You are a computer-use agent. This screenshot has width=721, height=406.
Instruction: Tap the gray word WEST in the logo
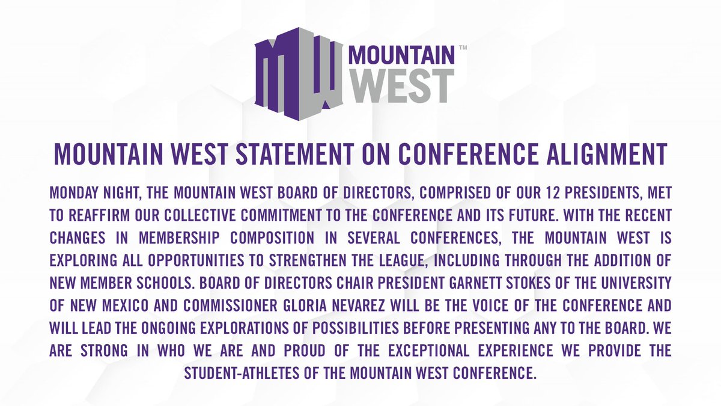pyautogui.click(x=400, y=85)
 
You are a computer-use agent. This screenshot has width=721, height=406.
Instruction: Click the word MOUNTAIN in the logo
pyautogui.click(x=401, y=56)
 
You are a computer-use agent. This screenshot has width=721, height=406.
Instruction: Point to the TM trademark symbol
pyautogui.click(x=463, y=47)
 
